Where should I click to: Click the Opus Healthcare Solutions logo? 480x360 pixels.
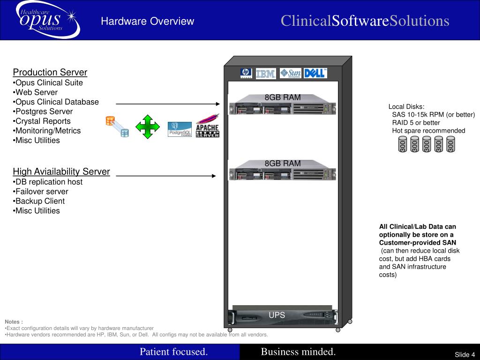point(47,20)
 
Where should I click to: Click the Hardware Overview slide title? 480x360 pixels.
point(148,21)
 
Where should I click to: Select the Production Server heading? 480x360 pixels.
point(50,72)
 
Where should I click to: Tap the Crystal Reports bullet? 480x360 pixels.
point(43,121)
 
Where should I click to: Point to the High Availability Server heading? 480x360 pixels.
point(61,172)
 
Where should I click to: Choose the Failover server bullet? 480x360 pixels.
point(41,191)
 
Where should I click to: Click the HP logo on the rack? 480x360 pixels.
point(246,73)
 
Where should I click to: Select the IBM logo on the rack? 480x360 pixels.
point(266,74)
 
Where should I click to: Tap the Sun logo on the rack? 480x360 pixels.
point(290,73)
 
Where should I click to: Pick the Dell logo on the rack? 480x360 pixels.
point(315,73)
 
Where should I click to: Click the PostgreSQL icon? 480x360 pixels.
point(180,129)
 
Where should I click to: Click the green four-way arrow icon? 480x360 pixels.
point(147,127)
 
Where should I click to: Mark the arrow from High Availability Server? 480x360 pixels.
point(166,176)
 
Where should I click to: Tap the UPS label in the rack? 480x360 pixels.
point(277,315)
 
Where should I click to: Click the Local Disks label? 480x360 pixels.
point(406,106)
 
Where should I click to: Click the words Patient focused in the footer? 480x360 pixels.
point(173,352)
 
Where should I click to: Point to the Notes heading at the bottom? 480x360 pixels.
point(14,322)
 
